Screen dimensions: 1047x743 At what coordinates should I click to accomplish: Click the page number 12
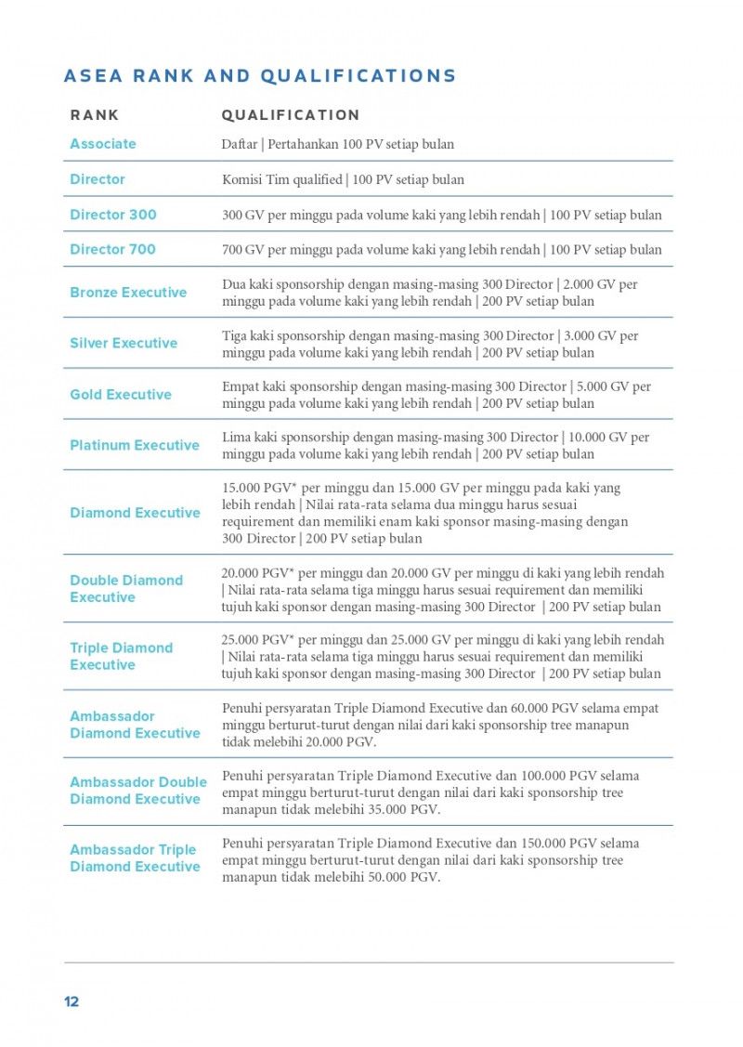pyautogui.click(x=72, y=1002)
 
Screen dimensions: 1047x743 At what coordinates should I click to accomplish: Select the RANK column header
pyautogui.click(x=95, y=115)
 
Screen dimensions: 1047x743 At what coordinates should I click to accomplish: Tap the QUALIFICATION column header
pyautogui.click(x=290, y=115)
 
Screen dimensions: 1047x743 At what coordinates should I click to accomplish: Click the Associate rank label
pyautogui.click(x=103, y=144)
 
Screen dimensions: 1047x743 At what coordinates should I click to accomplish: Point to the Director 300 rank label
pyautogui.click(x=113, y=215)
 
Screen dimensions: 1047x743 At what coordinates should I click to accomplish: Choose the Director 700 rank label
pyautogui.click(x=113, y=249)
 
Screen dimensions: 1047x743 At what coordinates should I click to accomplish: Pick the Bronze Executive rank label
pyautogui.click(x=128, y=293)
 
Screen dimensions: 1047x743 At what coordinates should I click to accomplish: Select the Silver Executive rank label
pyautogui.click(x=124, y=344)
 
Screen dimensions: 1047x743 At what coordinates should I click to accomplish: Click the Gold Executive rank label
pyautogui.click(x=121, y=395)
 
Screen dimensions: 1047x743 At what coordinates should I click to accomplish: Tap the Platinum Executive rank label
pyautogui.click(x=135, y=446)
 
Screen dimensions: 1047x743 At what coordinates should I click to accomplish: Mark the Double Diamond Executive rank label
pyautogui.click(x=126, y=589)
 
